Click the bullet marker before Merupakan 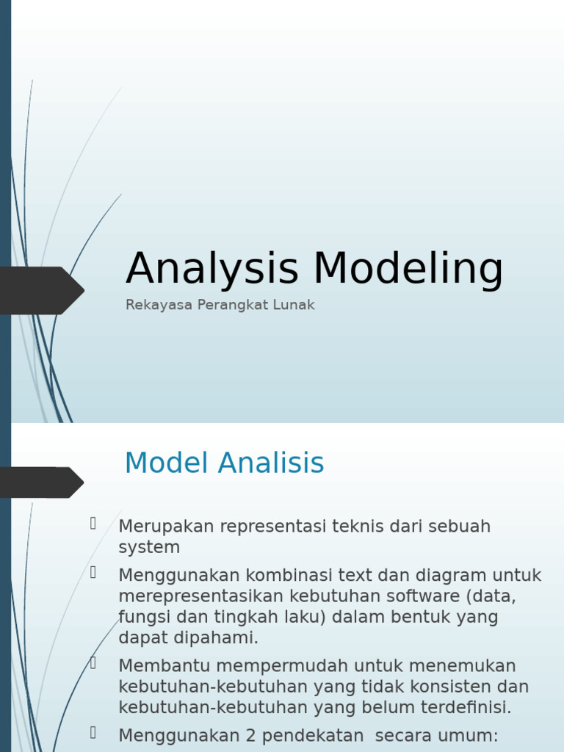point(94,524)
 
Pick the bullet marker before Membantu point(94,663)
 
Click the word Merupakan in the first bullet point(167,527)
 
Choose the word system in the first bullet point(149,547)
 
